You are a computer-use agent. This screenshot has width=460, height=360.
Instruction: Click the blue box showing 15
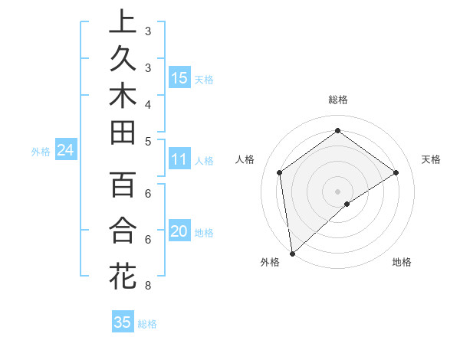point(179,77)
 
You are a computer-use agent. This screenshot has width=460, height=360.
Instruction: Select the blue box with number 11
point(179,159)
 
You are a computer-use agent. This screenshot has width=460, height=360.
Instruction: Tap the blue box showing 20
point(179,232)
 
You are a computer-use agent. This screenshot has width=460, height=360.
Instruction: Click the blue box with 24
point(66,150)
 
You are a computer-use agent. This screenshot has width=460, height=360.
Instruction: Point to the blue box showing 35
point(123,322)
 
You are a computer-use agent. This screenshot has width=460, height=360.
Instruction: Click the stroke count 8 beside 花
point(147,286)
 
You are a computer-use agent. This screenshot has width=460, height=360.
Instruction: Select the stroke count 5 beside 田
point(147,141)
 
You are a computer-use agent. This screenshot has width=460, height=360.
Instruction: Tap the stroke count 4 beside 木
point(147,103)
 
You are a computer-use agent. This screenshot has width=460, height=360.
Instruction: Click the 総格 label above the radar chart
point(337,100)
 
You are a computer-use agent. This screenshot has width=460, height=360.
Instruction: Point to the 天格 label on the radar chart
point(431,159)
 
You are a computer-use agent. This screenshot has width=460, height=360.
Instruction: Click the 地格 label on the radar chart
point(402,262)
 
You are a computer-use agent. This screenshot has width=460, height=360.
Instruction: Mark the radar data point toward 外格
point(292,253)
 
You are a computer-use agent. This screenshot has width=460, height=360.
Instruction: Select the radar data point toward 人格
point(280,172)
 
